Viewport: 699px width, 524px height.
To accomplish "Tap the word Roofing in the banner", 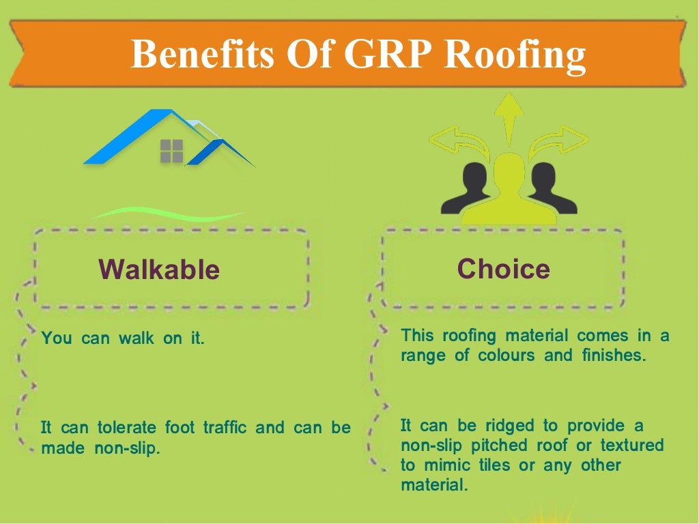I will click(x=515, y=55).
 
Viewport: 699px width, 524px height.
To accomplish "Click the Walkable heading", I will click(x=159, y=270).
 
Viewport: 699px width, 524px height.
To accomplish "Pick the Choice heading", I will click(x=503, y=268).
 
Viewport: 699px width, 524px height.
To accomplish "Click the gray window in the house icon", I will click(x=171, y=151).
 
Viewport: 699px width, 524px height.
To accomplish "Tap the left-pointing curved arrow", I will click(x=454, y=142).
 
